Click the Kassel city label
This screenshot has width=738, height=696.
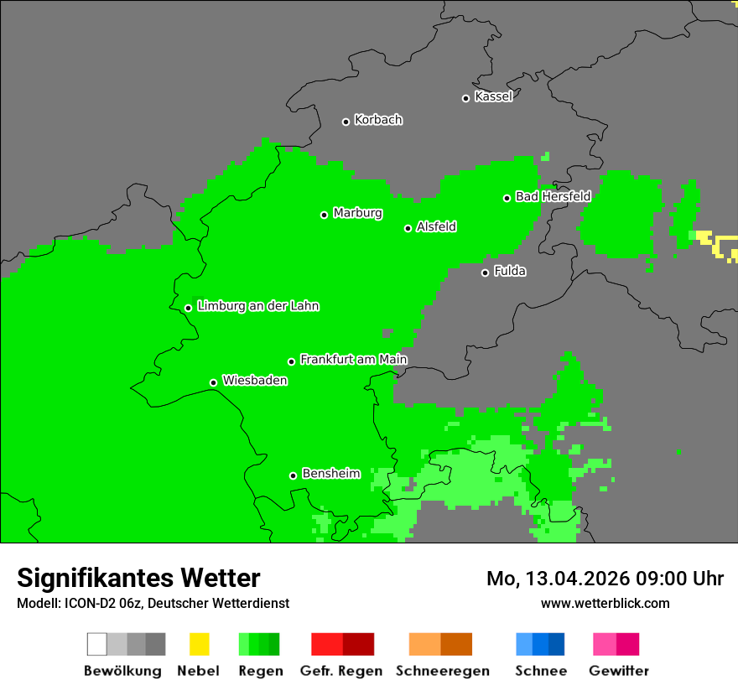[x=493, y=96]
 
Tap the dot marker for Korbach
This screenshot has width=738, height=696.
[x=346, y=122]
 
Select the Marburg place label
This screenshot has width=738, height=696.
[x=357, y=213]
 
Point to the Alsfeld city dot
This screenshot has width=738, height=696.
[x=408, y=228]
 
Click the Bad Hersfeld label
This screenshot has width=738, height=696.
[x=553, y=196]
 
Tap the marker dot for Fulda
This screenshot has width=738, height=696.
[x=485, y=273]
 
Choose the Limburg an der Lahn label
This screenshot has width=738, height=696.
[x=257, y=306]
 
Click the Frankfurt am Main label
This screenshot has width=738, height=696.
[x=353, y=360]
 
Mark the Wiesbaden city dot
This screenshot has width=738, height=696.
[x=213, y=382]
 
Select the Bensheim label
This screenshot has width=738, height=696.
[x=330, y=474]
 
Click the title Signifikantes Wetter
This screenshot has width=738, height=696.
[x=138, y=578]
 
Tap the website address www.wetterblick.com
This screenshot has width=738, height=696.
[x=605, y=603]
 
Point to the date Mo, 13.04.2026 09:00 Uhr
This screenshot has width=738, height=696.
[x=605, y=579]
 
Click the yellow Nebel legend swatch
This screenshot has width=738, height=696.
[x=199, y=644]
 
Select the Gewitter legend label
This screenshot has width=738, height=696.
[x=618, y=671]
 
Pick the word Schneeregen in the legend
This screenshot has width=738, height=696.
[x=442, y=671]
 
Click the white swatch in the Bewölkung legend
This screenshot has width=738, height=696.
[x=97, y=644]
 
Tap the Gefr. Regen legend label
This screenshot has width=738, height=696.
[x=340, y=671]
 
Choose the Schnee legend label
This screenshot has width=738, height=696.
[x=540, y=671]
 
